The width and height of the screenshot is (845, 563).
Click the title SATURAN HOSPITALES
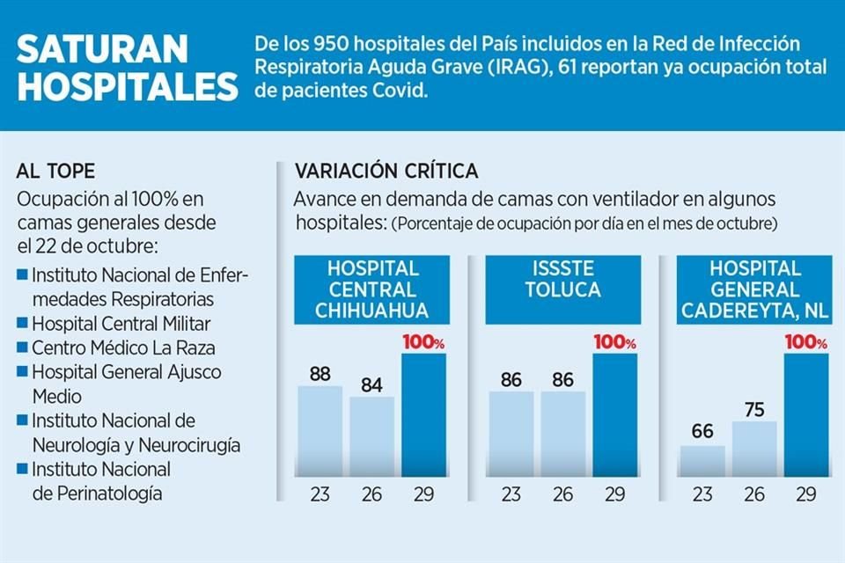tap(127, 69)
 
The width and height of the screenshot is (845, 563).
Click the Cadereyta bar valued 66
tap(702, 461)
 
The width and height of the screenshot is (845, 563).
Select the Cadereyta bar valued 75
tap(754, 449)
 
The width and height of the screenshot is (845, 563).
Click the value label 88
tap(320, 374)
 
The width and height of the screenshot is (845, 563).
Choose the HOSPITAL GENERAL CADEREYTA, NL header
tap(755, 289)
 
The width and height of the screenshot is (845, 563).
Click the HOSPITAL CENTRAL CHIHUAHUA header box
tap(372, 289)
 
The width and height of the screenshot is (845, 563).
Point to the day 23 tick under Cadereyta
tap(702, 494)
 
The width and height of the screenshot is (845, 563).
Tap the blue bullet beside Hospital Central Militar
tap(23, 323)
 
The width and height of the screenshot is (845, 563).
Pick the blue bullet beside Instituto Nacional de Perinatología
tap(23, 469)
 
